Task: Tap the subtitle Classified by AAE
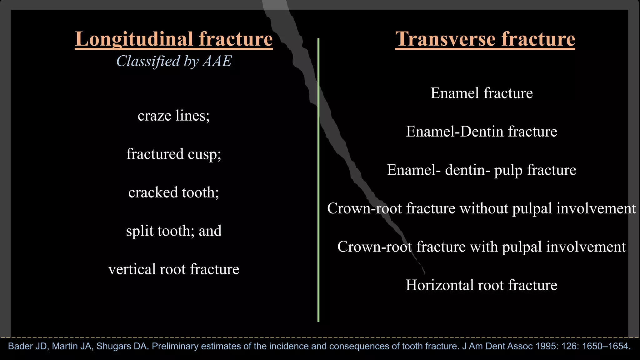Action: click(x=174, y=61)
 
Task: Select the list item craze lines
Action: click(x=173, y=116)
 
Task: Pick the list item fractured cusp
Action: click(x=173, y=154)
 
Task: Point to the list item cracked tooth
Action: click(x=173, y=192)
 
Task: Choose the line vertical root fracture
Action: click(x=173, y=269)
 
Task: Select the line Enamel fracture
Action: click(x=481, y=93)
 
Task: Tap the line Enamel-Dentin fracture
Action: click(x=481, y=132)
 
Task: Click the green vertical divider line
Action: click(x=318, y=187)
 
